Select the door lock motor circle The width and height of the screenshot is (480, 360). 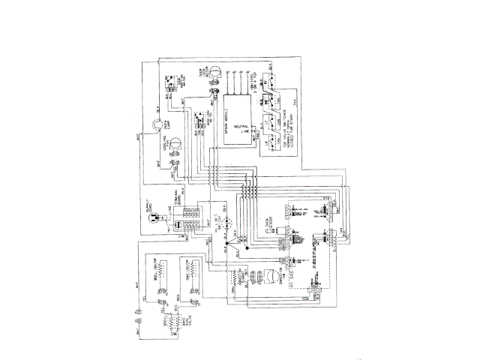click(212, 72)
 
